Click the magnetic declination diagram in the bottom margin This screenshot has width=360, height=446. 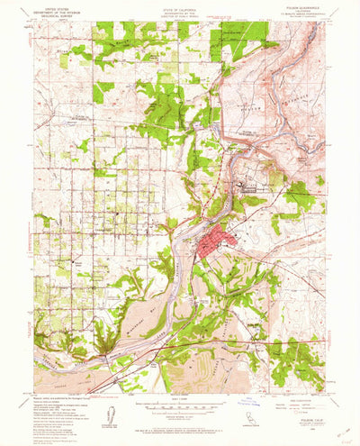[x=112, y=415]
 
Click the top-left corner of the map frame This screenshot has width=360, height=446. [x=33, y=23]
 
